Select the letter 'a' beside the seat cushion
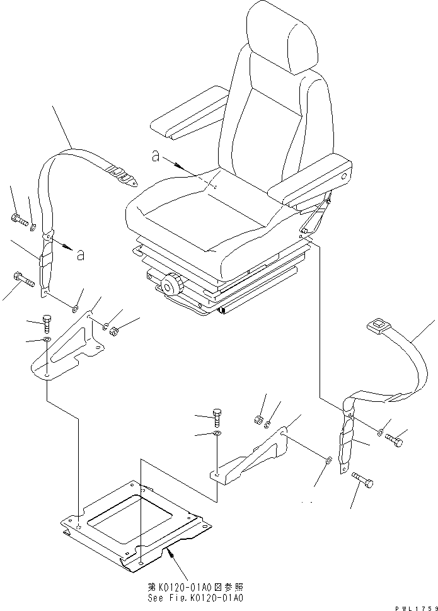156,157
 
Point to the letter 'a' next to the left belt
79,254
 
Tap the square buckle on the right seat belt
377,326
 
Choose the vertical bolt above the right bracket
217,417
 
